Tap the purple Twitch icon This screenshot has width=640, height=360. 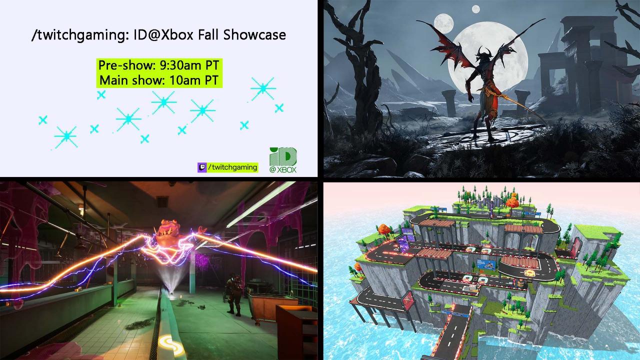[x=202, y=167]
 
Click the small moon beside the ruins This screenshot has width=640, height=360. [x=475, y=8]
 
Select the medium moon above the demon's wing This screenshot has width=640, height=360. [x=440, y=21]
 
